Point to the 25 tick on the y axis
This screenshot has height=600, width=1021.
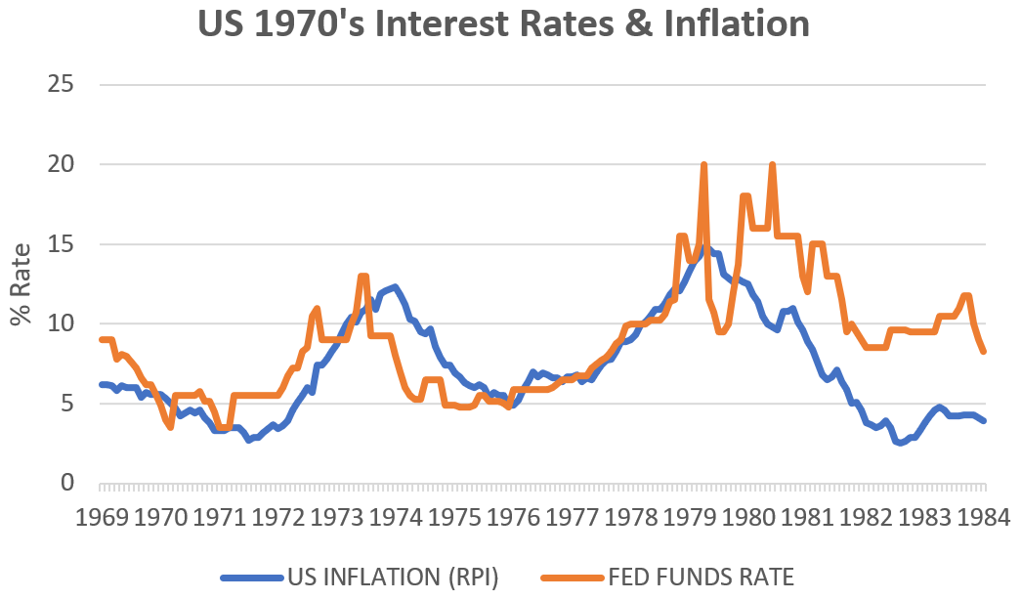coord(61,84)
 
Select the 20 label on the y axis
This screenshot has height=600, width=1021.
coord(61,164)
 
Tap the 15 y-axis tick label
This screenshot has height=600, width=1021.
coord(61,244)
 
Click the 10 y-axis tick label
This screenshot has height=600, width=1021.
coord(61,323)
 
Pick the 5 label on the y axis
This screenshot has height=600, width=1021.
coord(67,404)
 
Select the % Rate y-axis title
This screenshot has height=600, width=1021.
coord(21,283)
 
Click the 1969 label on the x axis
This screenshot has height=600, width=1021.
coord(103,517)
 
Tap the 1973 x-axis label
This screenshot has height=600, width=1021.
coord(338,517)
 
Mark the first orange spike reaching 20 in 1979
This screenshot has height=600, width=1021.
coord(703,165)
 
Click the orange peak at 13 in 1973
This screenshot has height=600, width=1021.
coord(363,277)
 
